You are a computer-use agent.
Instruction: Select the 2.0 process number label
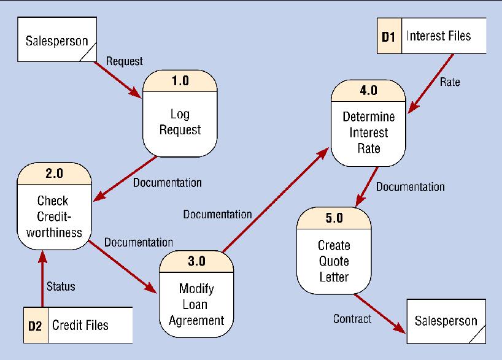tap(54, 174)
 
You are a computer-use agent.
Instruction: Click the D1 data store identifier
tap(388, 37)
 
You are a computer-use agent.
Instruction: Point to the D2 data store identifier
tap(34, 325)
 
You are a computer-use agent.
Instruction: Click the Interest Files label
tap(438, 36)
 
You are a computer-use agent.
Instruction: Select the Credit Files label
tap(80, 324)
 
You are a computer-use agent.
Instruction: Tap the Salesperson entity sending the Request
tap(55, 42)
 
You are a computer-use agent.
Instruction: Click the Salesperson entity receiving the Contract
tap(446, 320)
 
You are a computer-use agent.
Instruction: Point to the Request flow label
tap(125, 61)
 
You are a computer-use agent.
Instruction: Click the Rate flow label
tap(450, 82)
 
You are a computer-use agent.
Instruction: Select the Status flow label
tap(61, 286)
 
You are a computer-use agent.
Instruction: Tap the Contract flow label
tap(352, 319)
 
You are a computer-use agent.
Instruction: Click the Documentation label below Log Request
tap(168, 182)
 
